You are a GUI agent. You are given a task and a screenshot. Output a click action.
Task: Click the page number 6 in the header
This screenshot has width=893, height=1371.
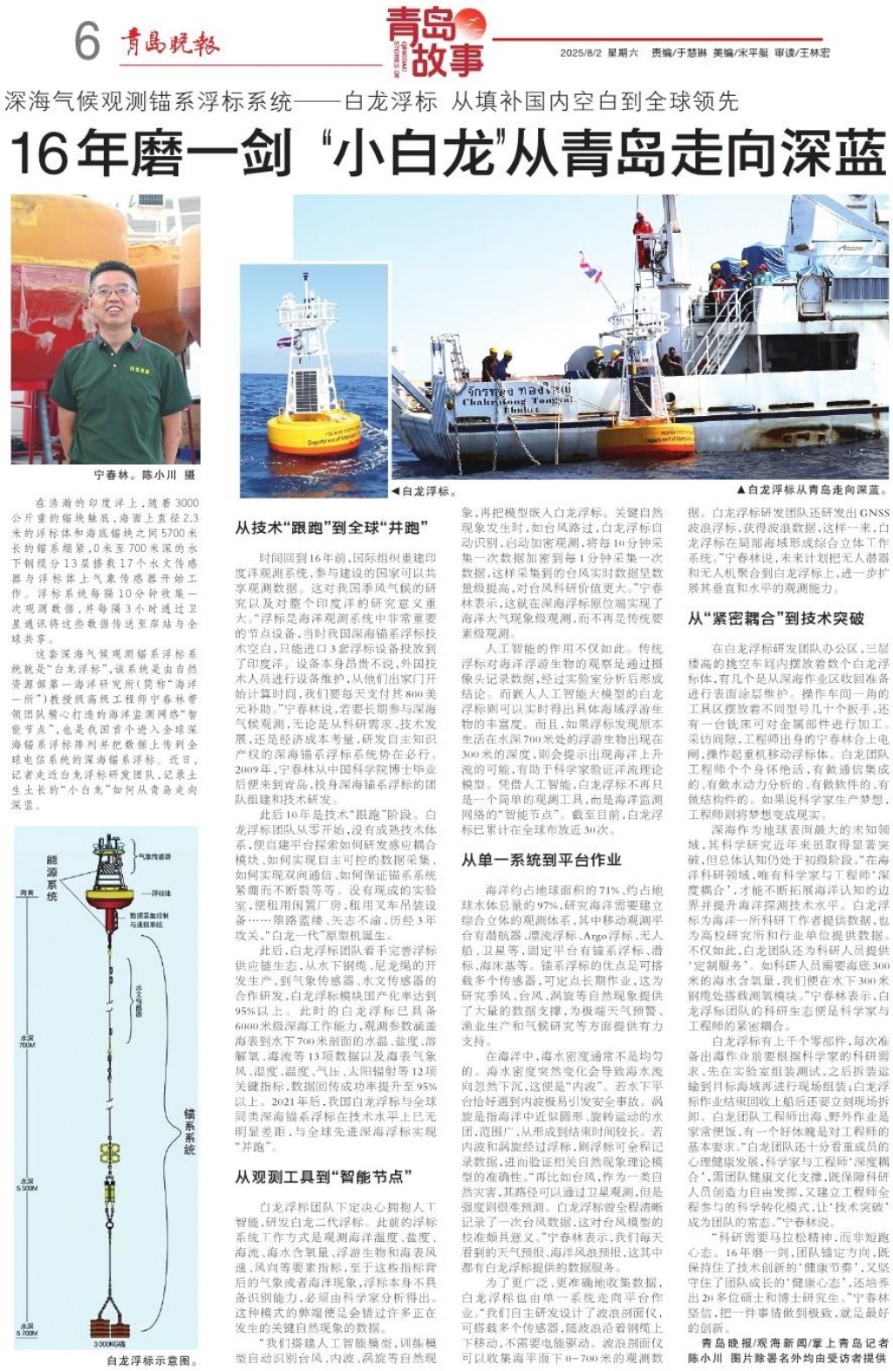click(87, 40)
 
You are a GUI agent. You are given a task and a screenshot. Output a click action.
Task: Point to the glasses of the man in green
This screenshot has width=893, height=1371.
click(113, 290)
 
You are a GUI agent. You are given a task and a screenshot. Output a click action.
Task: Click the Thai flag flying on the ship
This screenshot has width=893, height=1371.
click(591, 269)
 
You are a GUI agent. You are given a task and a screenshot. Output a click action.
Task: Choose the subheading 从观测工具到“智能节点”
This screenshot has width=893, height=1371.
click(323, 1177)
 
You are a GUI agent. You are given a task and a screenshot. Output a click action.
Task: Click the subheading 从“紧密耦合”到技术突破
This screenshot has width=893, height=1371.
click(775, 618)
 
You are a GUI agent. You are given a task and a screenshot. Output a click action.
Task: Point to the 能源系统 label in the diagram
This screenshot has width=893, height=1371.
click(53, 876)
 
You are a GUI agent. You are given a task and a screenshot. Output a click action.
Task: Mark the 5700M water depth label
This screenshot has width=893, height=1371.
click(27, 1331)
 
